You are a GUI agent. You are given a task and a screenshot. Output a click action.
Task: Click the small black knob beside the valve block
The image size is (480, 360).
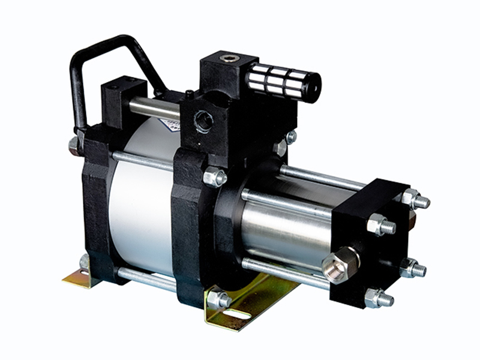(189, 94)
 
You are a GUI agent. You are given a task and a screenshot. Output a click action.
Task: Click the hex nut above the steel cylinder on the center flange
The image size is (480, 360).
(214, 176)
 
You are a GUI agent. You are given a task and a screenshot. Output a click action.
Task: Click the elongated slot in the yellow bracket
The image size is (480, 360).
(238, 314)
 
